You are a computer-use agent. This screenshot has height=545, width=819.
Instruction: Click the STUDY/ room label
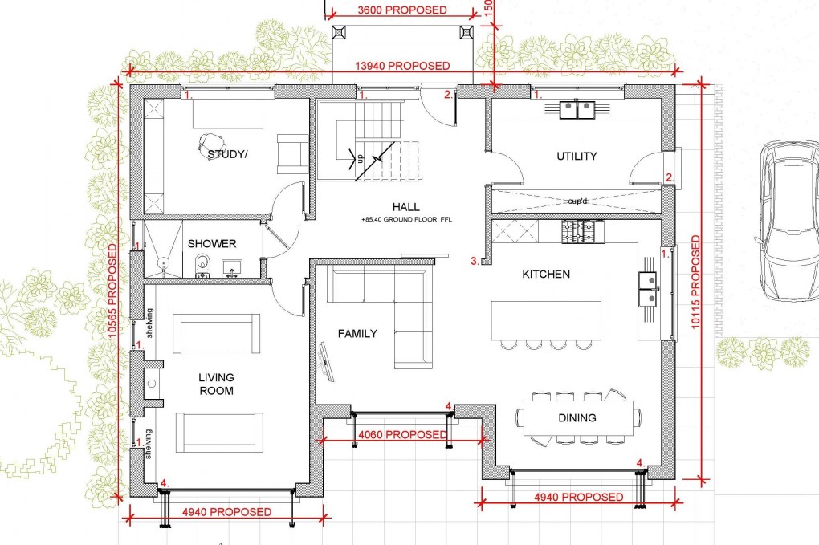tap(227, 155)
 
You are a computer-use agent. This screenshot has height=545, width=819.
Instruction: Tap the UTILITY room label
tap(577, 156)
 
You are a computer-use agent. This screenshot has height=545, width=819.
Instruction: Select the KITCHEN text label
tap(546, 275)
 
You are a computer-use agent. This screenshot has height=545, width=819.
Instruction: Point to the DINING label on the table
tap(577, 417)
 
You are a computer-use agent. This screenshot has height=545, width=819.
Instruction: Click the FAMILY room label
tap(357, 334)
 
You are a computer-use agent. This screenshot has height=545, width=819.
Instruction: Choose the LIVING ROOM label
tap(217, 384)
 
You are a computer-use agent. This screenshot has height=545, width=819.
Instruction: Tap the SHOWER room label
tap(212, 244)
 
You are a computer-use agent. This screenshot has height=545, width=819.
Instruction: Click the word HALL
tap(405, 207)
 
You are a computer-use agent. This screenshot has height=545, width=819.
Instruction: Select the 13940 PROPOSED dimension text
tap(412, 67)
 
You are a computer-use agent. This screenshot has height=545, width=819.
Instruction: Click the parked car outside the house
tap(787, 221)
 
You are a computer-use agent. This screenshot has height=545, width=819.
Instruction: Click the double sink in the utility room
tap(575, 108)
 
